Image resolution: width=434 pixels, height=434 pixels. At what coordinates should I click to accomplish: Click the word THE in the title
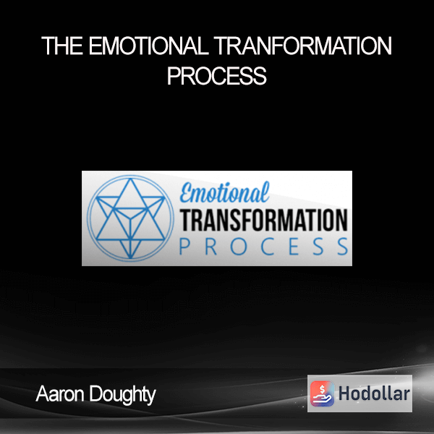[62, 46]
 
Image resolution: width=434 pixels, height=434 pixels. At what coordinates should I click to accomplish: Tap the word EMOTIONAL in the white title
[148, 46]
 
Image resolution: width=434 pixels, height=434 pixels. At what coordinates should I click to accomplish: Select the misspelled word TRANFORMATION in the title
[303, 46]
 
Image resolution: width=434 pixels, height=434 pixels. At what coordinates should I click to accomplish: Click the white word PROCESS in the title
[217, 75]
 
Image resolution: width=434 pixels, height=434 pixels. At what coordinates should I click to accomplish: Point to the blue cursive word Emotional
[224, 192]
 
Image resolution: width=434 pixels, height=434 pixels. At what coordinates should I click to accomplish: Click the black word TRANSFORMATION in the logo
[264, 220]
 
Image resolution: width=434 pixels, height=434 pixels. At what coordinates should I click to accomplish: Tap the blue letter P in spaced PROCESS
[184, 247]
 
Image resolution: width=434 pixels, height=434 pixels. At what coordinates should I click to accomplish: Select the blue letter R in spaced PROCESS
[210, 247]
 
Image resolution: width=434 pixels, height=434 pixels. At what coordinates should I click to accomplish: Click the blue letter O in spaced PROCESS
[238, 247]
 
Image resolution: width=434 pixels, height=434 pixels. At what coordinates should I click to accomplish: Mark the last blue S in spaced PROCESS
[343, 247]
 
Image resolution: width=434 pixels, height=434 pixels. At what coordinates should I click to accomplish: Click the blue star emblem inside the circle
[130, 218]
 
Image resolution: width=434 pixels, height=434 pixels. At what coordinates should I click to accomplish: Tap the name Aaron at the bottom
[60, 394]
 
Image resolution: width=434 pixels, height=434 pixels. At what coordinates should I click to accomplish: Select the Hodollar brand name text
[374, 393]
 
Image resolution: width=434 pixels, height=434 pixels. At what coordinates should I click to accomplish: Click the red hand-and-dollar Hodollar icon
[322, 393]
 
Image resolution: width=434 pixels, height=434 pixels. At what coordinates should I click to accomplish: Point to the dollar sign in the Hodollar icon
[322, 389]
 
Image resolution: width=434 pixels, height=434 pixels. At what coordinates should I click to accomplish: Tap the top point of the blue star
[130, 179]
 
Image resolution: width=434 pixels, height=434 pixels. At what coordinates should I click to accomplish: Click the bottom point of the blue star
[130, 258]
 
